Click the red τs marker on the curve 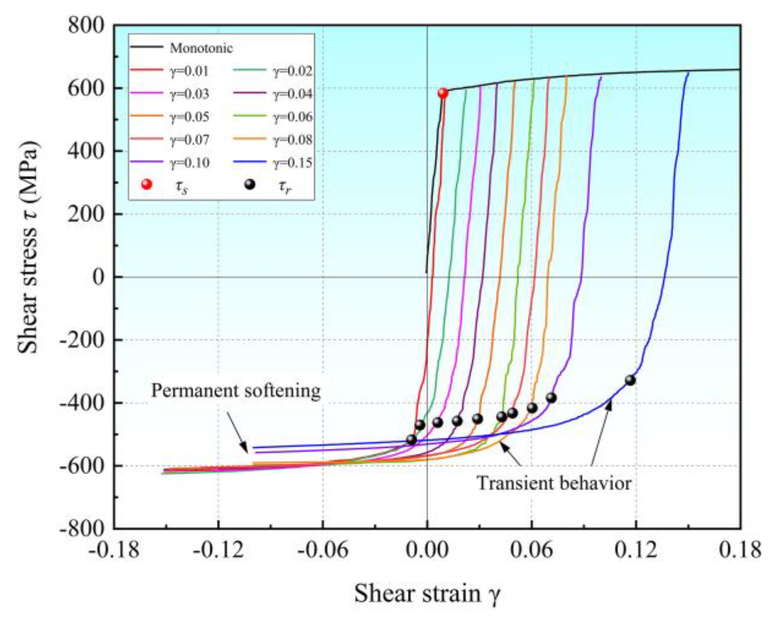point(443,93)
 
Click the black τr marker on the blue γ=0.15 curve point(630,380)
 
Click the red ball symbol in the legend point(147,185)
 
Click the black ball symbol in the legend point(250,185)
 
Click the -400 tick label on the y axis point(82,403)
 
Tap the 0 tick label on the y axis point(98,277)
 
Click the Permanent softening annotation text point(236,391)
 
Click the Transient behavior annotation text point(554,484)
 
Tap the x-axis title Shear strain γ point(427,594)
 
